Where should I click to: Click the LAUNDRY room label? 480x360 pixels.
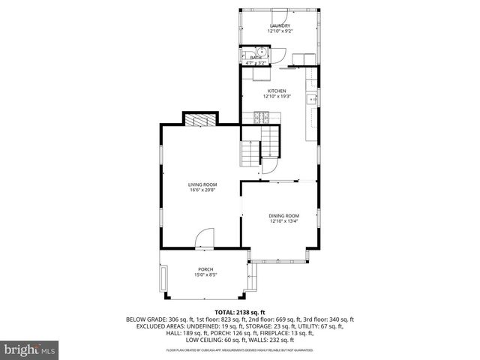pos(279,26)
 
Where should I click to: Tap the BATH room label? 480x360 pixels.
pos(256,58)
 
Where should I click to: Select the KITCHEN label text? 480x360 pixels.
pos(276,91)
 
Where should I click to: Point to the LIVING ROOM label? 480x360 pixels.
pos(202,184)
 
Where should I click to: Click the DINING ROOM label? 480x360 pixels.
pos(284,216)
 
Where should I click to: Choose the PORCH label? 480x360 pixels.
pos(205,269)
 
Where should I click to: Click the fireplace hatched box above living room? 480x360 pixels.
pos(200,121)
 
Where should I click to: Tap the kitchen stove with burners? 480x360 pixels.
pos(262,116)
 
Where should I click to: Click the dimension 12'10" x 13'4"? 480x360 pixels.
pos(284,222)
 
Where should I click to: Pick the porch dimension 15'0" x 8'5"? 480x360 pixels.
pos(205,275)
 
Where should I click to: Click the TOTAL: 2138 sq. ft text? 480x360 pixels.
pos(240,311)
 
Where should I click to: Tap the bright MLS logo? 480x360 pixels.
pos(29,349)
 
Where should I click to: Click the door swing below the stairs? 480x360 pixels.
pos(269,166)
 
